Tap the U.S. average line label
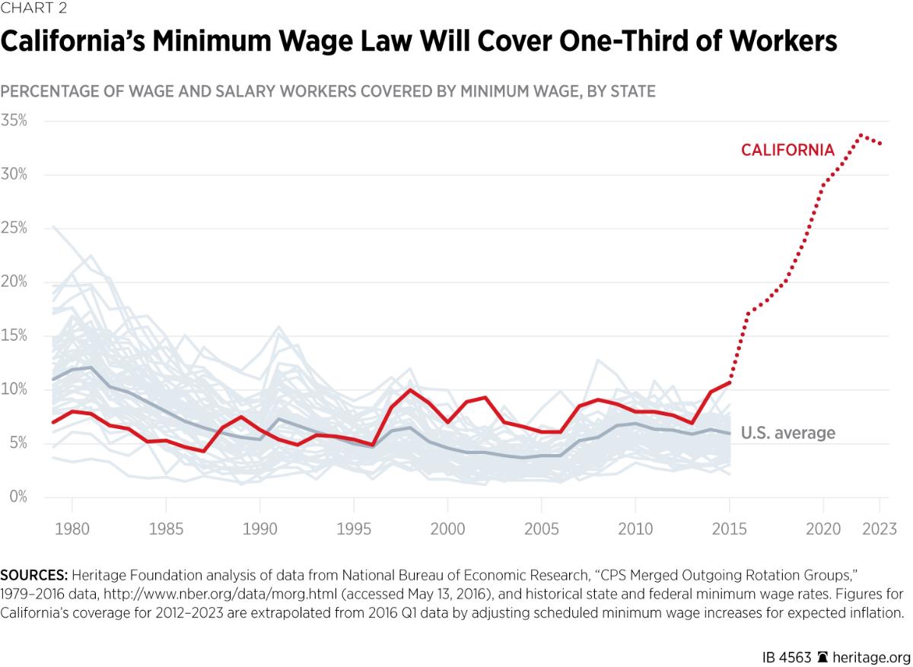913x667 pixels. click(x=787, y=434)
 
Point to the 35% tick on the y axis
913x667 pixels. click(x=14, y=121)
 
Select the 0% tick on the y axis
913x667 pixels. click(x=17, y=497)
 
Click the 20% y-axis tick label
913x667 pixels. click(x=14, y=282)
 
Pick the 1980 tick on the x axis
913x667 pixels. click(x=72, y=528)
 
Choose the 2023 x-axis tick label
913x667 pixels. click(x=880, y=528)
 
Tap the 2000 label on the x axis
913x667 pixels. click(x=447, y=528)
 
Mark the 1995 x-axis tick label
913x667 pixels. click(x=354, y=528)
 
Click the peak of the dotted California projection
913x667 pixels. click(x=861, y=135)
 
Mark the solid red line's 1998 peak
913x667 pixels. click(x=410, y=390)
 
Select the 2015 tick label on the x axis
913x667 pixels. click(x=729, y=528)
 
